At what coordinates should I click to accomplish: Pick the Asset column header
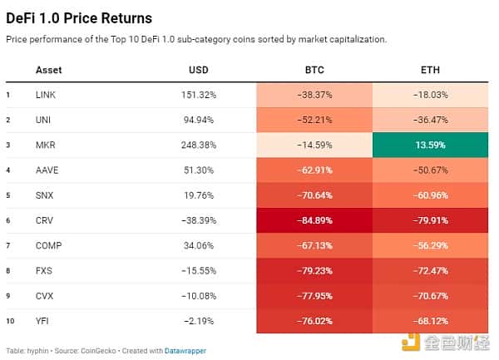49,70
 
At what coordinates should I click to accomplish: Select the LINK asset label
46,95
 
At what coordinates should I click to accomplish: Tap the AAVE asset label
47,170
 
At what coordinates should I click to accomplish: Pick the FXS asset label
45,270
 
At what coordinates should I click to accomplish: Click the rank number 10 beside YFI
9,320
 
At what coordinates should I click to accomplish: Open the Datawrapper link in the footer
185,350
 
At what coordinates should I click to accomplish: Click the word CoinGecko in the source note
97,350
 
